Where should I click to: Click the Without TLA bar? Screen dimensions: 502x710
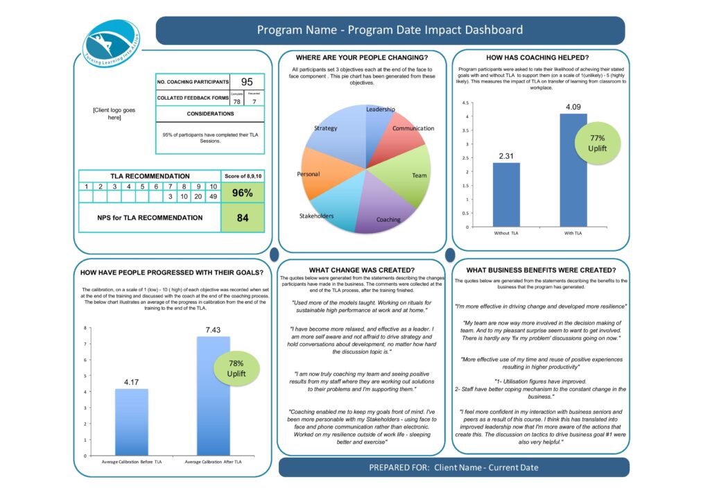tap(506, 194)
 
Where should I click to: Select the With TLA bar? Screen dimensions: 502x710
tap(573, 170)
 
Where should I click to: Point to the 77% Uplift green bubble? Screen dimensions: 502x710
tap(597, 144)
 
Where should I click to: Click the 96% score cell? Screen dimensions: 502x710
tap(242, 193)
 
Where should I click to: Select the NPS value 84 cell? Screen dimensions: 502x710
tap(242, 218)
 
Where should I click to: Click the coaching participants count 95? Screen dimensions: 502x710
tap(246, 82)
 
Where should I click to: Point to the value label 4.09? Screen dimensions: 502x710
tap(573, 107)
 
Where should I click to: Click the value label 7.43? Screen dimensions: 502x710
tap(213, 330)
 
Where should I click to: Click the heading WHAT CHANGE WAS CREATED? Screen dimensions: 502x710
tap(361, 270)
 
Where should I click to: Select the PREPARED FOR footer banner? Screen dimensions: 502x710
tap(453, 467)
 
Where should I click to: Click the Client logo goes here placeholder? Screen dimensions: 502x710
tap(114, 114)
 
